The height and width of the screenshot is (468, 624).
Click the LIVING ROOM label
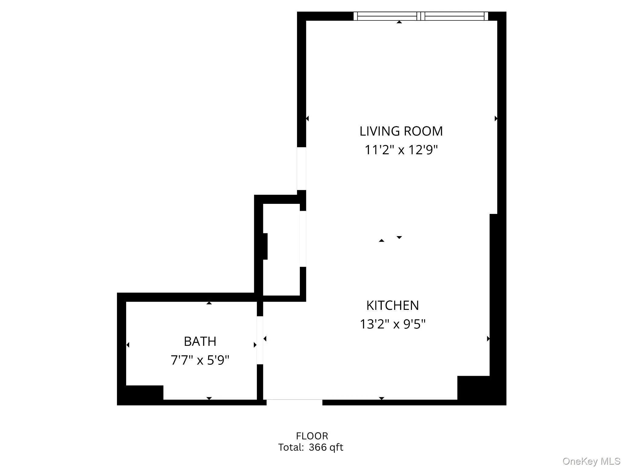[401, 131]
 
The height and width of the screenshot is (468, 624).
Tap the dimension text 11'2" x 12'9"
[401, 150]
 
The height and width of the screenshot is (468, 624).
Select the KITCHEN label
[392, 306]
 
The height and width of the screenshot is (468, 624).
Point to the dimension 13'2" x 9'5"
[392, 324]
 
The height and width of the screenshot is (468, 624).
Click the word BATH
[200, 342]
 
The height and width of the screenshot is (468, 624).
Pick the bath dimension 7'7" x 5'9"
[200, 360]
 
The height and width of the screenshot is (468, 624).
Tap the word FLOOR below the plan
[312, 436]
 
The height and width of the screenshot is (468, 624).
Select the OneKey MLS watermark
[591, 461]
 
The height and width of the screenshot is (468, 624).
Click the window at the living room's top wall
[420, 16]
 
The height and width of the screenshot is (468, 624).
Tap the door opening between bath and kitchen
[260, 340]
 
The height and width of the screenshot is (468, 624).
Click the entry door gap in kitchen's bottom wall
[294, 402]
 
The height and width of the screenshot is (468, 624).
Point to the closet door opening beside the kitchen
[303, 239]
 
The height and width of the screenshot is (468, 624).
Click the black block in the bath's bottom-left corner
[144, 392]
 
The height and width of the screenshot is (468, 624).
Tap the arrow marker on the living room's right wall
[496, 119]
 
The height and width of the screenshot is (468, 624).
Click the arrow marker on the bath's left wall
[128, 345]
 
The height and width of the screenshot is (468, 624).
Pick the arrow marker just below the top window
[399, 22]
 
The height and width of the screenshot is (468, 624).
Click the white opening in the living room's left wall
[301, 169]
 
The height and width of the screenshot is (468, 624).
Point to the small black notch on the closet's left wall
[265, 246]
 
